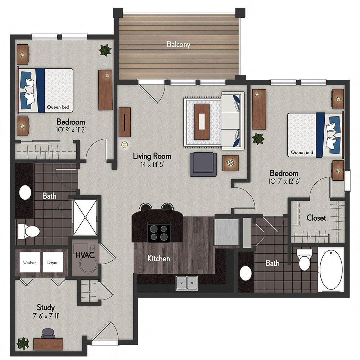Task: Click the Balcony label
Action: click(178, 45)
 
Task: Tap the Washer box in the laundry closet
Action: click(30, 263)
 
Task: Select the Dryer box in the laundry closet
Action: click(53, 263)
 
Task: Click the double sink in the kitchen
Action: click(187, 283)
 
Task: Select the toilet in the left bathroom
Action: click(27, 231)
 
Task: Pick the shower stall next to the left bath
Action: click(85, 216)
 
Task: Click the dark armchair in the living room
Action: click(203, 164)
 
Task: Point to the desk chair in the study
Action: click(48, 334)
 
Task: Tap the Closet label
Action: click(316, 218)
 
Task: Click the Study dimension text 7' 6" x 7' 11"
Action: click(46, 316)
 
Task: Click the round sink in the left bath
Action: click(25, 193)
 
